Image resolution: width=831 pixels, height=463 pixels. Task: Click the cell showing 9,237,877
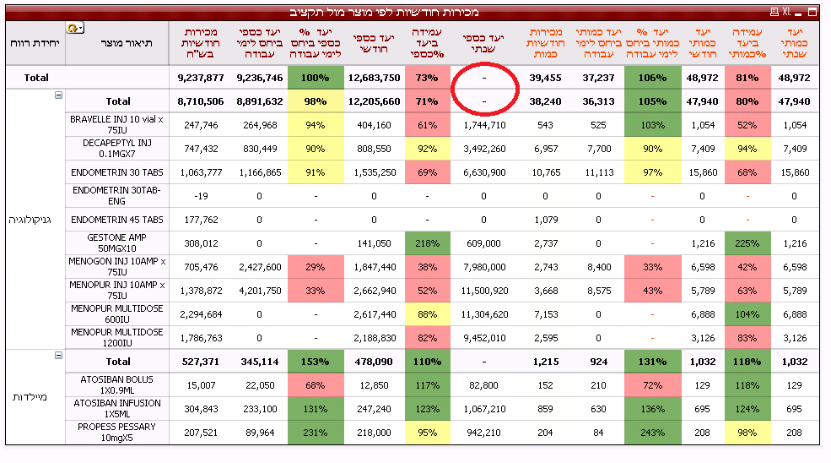[x=201, y=78]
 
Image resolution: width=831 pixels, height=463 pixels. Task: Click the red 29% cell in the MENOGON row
[x=315, y=267]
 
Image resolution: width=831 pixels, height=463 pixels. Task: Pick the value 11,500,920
[x=484, y=291]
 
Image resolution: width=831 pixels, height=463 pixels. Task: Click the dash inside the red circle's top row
[x=484, y=78]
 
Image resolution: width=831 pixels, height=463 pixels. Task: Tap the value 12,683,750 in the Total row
[x=373, y=78]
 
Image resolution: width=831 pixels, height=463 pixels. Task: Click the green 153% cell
[x=315, y=362]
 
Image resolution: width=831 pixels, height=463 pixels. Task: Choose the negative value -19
[x=201, y=196]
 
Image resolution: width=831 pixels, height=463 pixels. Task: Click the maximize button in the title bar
[x=812, y=13]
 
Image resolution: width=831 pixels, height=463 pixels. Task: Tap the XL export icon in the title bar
[x=785, y=13]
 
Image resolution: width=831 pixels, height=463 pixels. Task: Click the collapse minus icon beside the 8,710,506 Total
[x=59, y=95]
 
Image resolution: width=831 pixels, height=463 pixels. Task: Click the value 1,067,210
[x=484, y=409]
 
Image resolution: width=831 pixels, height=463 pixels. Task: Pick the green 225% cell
[x=747, y=243]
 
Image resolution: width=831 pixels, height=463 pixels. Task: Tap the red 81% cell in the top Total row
[x=747, y=78]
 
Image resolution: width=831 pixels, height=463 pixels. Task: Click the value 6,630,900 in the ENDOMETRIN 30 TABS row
[x=484, y=172]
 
